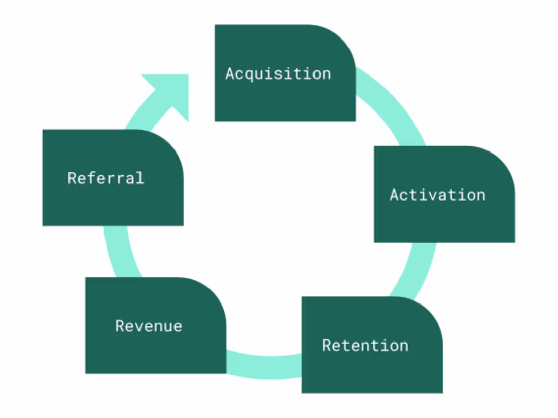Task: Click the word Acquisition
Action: click(278, 74)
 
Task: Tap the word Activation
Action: click(437, 195)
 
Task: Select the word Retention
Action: click(365, 346)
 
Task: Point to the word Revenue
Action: click(149, 326)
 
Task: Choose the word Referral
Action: click(106, 178)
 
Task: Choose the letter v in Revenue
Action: click(137, 326)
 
